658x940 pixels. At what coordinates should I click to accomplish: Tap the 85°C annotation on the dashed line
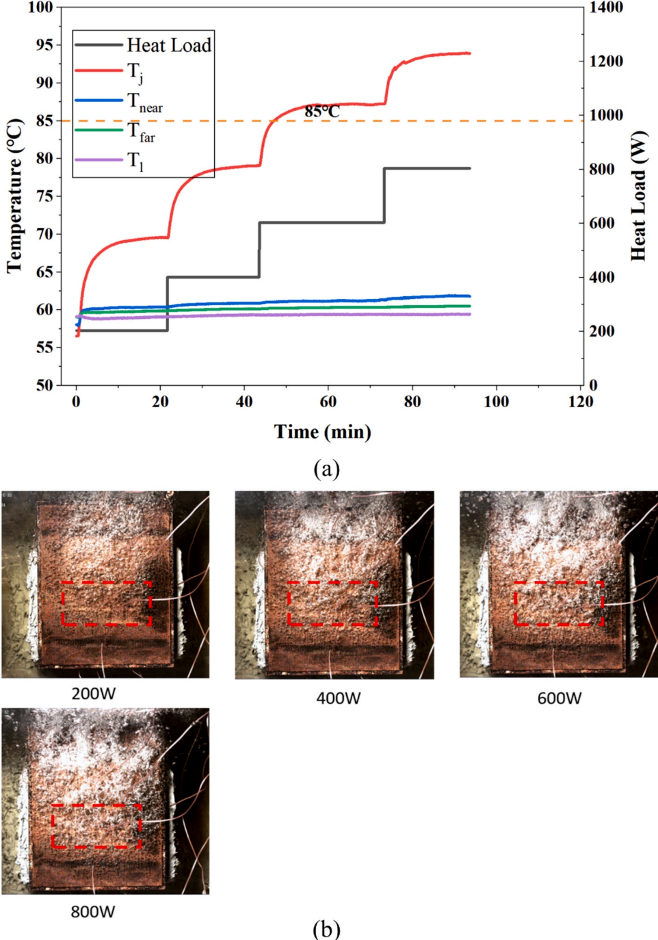pos(322,112)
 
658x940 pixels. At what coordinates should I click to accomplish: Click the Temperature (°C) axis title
pos(15,196)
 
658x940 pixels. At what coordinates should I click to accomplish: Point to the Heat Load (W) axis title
pos(638,196)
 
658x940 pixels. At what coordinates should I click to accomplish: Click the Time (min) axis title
pos(323,432)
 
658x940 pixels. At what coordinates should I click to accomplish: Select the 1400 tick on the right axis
pos(606,8)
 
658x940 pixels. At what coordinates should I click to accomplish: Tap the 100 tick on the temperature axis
pos(40,8)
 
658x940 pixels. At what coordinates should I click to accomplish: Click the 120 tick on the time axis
pos(580,402)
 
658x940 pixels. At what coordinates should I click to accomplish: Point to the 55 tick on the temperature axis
pos(44,348)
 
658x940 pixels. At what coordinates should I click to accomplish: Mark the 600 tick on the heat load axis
pos(602,223)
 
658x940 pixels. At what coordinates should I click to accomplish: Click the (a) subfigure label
pos(326,469)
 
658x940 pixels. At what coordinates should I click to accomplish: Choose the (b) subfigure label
pos(326,929)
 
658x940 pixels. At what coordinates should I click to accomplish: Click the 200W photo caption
pos(94,694)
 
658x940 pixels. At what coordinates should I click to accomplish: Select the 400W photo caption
pos(338,699)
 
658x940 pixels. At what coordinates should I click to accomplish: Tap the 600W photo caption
pos(559,699)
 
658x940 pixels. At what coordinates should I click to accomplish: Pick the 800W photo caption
pos(93,911)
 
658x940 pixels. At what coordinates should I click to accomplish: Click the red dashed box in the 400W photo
pos(332,603)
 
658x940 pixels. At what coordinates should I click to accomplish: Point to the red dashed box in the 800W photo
pos(96,826)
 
